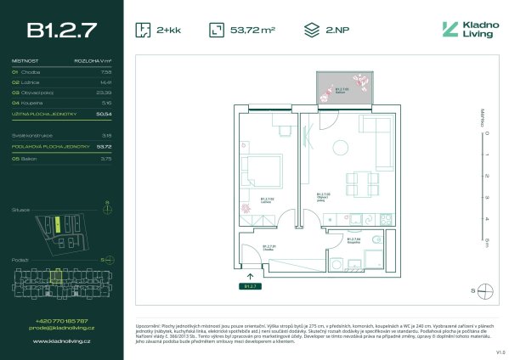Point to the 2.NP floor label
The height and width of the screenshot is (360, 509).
(335, 31)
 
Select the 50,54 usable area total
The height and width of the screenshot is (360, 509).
(105, 112)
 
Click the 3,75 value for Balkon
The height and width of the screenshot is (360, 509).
(106, 157)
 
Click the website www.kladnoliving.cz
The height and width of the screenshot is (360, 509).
(61, 341)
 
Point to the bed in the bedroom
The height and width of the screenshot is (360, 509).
(261, 174)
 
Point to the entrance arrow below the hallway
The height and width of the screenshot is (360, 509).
(249, 276)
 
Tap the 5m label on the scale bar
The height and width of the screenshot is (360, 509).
(486, 240)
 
